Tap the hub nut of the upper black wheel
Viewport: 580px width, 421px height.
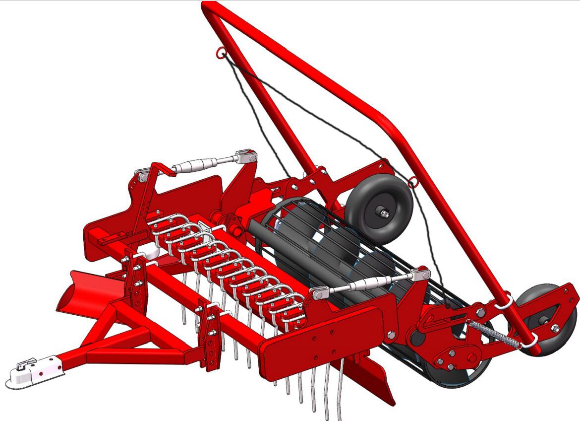(x=385, y=214)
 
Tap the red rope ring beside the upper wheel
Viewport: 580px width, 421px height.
(x=412, y=182)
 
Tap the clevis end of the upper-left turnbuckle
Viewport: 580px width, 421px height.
(x=245, y=157)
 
